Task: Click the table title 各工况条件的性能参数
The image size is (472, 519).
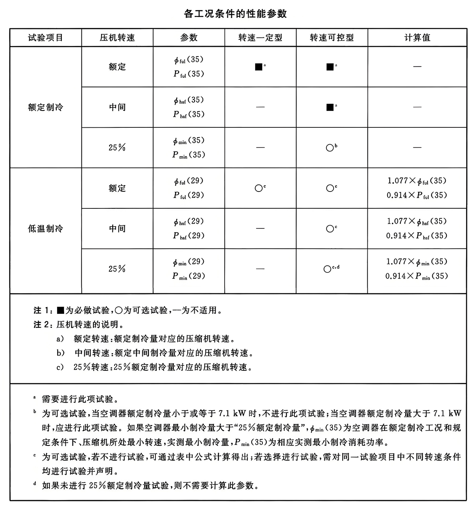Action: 235,14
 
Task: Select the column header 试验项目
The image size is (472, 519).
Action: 46,38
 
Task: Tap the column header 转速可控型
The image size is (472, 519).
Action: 332,38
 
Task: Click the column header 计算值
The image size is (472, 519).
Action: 417,38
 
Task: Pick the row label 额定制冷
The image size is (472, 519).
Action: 46,107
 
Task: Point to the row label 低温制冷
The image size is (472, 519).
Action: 46,228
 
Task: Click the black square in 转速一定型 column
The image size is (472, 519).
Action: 258,67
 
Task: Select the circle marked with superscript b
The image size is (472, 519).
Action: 330,148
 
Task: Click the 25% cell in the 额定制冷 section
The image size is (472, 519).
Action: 117,148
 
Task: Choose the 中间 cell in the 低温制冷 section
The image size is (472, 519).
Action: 117,228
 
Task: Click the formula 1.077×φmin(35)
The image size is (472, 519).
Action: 417,262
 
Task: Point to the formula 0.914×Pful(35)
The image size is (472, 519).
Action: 417,195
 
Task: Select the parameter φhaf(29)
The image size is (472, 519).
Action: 189,221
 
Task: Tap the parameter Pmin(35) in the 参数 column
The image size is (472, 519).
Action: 189,155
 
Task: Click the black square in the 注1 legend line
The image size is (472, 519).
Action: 60,311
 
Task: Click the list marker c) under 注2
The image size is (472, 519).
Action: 60,367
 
